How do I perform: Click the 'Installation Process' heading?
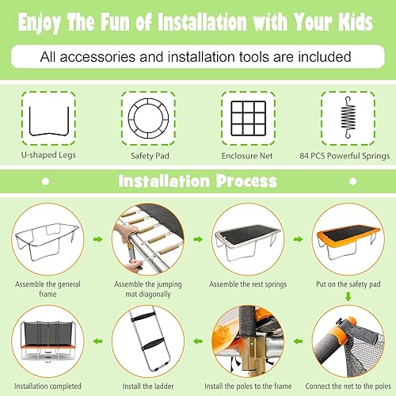[x=197, y=181]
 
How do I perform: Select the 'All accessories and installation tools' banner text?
[x=198, y=56]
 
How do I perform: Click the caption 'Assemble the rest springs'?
[x=247, y=282]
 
